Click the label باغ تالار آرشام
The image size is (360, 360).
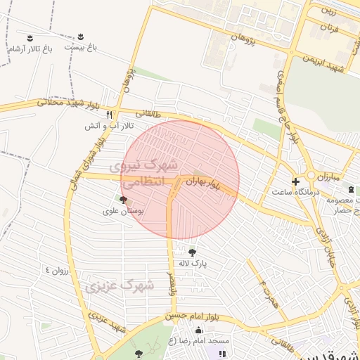point(30,49)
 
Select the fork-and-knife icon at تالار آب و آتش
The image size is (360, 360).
point(109,114)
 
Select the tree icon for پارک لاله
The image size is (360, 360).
point(192,252)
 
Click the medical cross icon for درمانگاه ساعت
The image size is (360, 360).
point(295,181)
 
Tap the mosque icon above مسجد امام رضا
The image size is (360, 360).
point(198,330)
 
